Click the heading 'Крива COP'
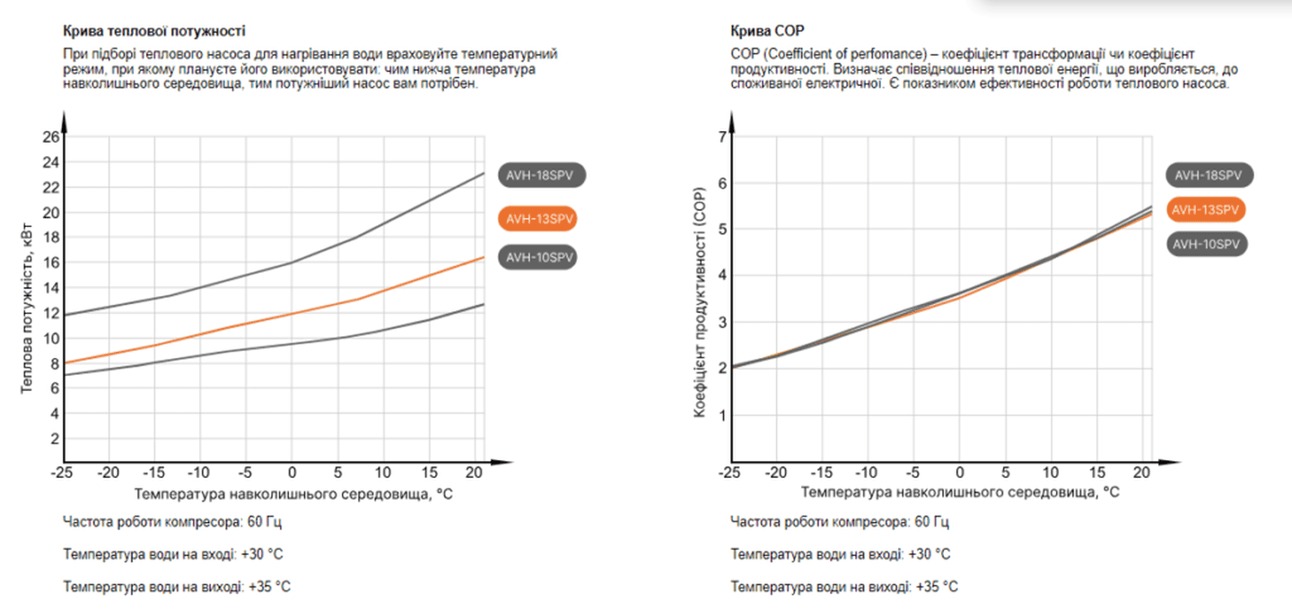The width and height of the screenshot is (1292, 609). click(x=762, y=31)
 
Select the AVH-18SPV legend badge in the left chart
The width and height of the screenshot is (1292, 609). click(x=541, y=176)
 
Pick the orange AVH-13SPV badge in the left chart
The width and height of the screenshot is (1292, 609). click(x=536, y=218)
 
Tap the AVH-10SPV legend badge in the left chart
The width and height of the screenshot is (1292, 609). click(x=536, y=257)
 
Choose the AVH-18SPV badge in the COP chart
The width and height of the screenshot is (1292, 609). click(x=1209, y=175)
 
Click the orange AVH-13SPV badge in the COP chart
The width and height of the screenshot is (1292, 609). click(x=1206, y=210)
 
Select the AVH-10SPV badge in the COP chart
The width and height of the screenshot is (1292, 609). click(x=1209, y=243)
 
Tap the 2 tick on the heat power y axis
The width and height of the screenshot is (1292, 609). click(x=55, y=439)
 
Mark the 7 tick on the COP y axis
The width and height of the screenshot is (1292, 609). click(x=720, y=136)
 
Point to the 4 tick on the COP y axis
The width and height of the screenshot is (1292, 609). click(x=720, y=275)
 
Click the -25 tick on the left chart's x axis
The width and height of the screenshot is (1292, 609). click(x=62, y=472)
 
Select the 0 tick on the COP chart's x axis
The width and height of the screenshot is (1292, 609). click(x=959, y=472)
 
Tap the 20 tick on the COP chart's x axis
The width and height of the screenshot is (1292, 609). click(x=1142, y=472)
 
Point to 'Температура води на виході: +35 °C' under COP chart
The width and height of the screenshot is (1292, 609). click(x=843, y=587)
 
